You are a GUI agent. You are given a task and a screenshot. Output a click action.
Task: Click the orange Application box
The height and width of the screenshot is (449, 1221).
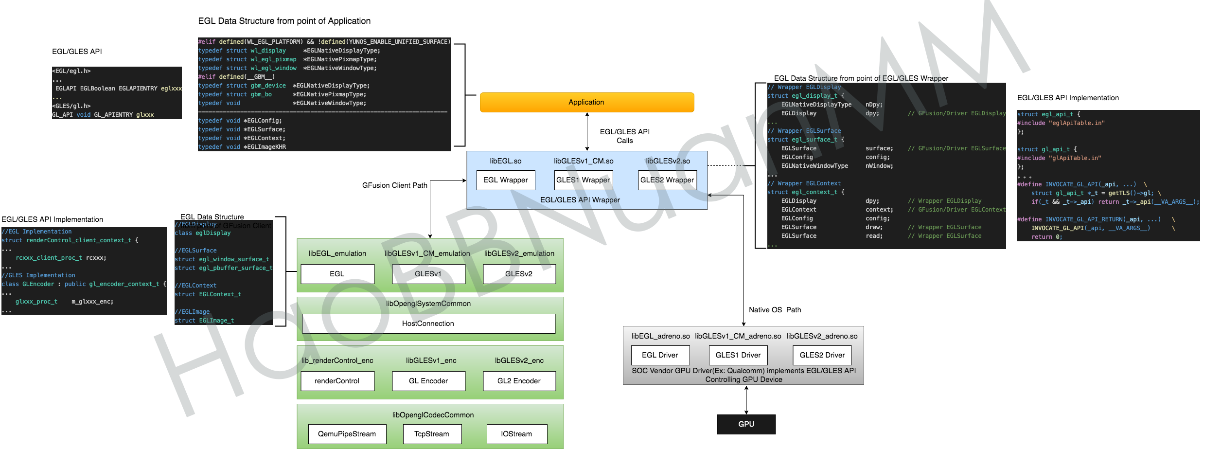pos(586,102)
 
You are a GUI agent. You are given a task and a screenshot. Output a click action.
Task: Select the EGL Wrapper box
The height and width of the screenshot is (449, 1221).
pos(505,180)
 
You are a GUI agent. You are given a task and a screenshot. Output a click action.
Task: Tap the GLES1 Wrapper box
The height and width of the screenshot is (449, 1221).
pos(583,180)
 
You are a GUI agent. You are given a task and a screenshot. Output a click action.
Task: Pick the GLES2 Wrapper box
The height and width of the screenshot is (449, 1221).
pos(667,180)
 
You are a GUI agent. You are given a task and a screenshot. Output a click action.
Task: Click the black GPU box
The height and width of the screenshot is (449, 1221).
pos(746,424)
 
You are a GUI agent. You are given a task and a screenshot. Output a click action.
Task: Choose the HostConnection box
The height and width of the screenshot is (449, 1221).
pos(428,323)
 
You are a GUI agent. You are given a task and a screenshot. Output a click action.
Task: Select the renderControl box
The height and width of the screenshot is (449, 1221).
pos(337,381)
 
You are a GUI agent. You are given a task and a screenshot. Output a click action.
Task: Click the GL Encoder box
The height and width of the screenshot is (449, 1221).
pos(428,381)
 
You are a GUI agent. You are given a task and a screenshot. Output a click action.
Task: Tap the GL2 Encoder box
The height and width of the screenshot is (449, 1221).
pos(519,381)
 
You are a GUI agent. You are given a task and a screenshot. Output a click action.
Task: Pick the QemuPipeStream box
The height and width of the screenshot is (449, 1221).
pos(347,434)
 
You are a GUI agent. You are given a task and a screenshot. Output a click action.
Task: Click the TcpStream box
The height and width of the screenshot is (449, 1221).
pos(432,434)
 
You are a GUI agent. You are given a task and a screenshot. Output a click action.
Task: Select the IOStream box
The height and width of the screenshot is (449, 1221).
pos(516,434)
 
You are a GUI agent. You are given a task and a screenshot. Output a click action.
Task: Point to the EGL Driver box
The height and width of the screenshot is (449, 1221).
pos(660,355)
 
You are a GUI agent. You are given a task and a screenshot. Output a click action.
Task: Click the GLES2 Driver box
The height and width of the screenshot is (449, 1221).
pos(822,355)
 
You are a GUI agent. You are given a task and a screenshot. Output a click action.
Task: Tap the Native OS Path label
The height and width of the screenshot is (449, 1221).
pos(775,310)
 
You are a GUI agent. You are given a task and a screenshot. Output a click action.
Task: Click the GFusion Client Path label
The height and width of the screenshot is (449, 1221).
pos(394,185)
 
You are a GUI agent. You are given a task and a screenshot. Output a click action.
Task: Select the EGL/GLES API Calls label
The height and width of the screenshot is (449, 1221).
pos(624,136)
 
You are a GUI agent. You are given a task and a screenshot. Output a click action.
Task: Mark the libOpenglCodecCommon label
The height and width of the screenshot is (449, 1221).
pos(433,415)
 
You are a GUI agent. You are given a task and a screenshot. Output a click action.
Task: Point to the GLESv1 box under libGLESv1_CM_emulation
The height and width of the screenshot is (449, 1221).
pos(428,274)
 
